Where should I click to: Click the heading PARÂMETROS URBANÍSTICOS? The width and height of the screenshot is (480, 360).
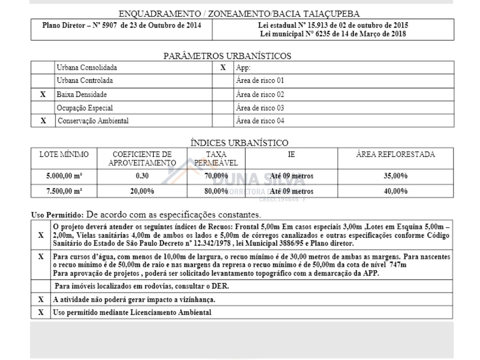click(227, 56)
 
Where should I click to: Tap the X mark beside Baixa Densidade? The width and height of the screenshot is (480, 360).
click(43, 95)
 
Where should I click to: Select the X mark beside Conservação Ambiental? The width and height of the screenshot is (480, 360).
click(43, 121)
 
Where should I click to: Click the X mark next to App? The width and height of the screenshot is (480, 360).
click(223, 68)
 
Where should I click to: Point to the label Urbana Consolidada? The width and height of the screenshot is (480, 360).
click(87, 68)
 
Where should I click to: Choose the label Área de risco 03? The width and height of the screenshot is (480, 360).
click(260, 108)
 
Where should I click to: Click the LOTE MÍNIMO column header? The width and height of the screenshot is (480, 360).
click(64, 154)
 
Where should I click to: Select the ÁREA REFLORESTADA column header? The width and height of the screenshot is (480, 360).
click(395, 154)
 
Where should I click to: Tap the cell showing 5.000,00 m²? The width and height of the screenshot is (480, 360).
click(64, 176)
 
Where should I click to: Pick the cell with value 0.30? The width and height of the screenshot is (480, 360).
click(142, 176)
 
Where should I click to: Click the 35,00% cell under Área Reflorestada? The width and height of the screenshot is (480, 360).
click(395, 176)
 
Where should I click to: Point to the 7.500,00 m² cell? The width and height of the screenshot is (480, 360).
click(64, 191)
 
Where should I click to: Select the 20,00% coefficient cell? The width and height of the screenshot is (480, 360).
click(142, 191)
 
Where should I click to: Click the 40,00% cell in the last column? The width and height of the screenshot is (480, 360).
click(395, 191)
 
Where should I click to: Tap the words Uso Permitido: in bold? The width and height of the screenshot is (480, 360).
click(57, 214)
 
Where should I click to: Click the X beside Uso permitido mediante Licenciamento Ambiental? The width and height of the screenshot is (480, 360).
click(41, 312)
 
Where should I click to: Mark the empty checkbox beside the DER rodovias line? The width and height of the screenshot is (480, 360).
click(41, 286)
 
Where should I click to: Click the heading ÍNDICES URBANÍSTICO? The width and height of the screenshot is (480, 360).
click(239, 143)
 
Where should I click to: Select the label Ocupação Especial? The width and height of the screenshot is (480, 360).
click(84, 108)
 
